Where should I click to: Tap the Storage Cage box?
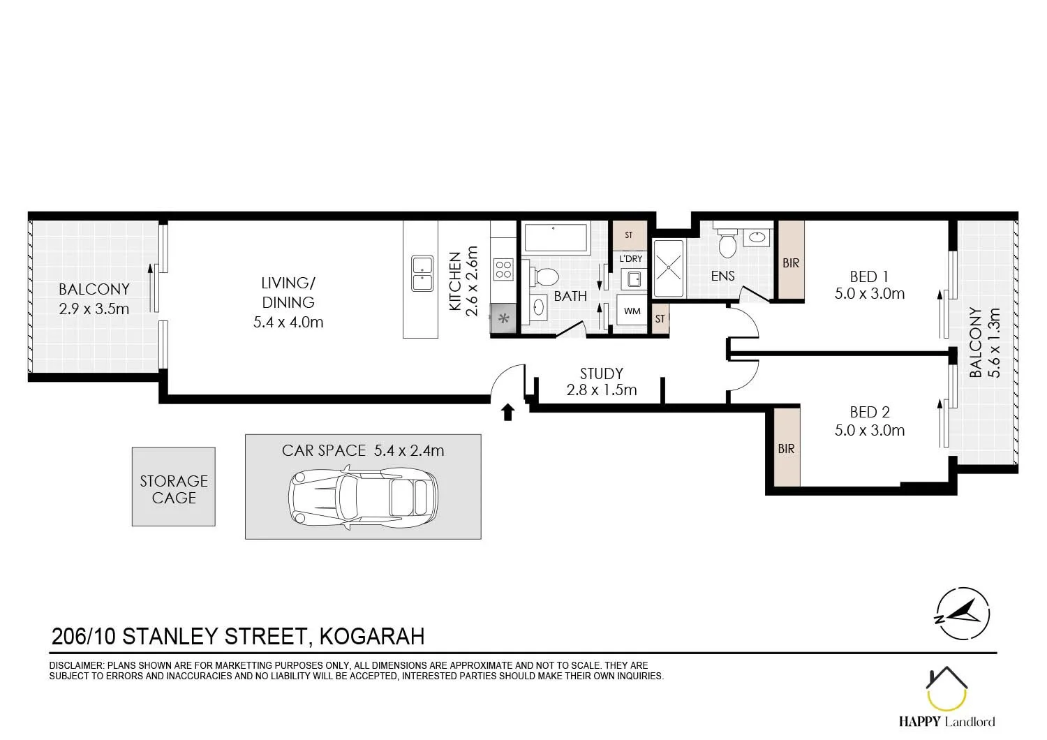[174, 487]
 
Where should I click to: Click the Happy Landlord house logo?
[946, 691]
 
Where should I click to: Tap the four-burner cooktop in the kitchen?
[503, 269]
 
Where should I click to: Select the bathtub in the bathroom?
[556, 238]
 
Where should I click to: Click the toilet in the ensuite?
[727, 242]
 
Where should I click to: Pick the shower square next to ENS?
[670, 268]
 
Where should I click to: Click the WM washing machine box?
[632, 312]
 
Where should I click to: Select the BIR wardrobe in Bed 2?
[787, 448]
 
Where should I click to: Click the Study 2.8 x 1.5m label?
[601, 382]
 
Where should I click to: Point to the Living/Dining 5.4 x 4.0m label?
[288, 302]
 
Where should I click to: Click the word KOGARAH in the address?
[371, 637]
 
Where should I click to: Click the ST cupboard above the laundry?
[628, 235]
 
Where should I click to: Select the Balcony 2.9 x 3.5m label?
[94, 299]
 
